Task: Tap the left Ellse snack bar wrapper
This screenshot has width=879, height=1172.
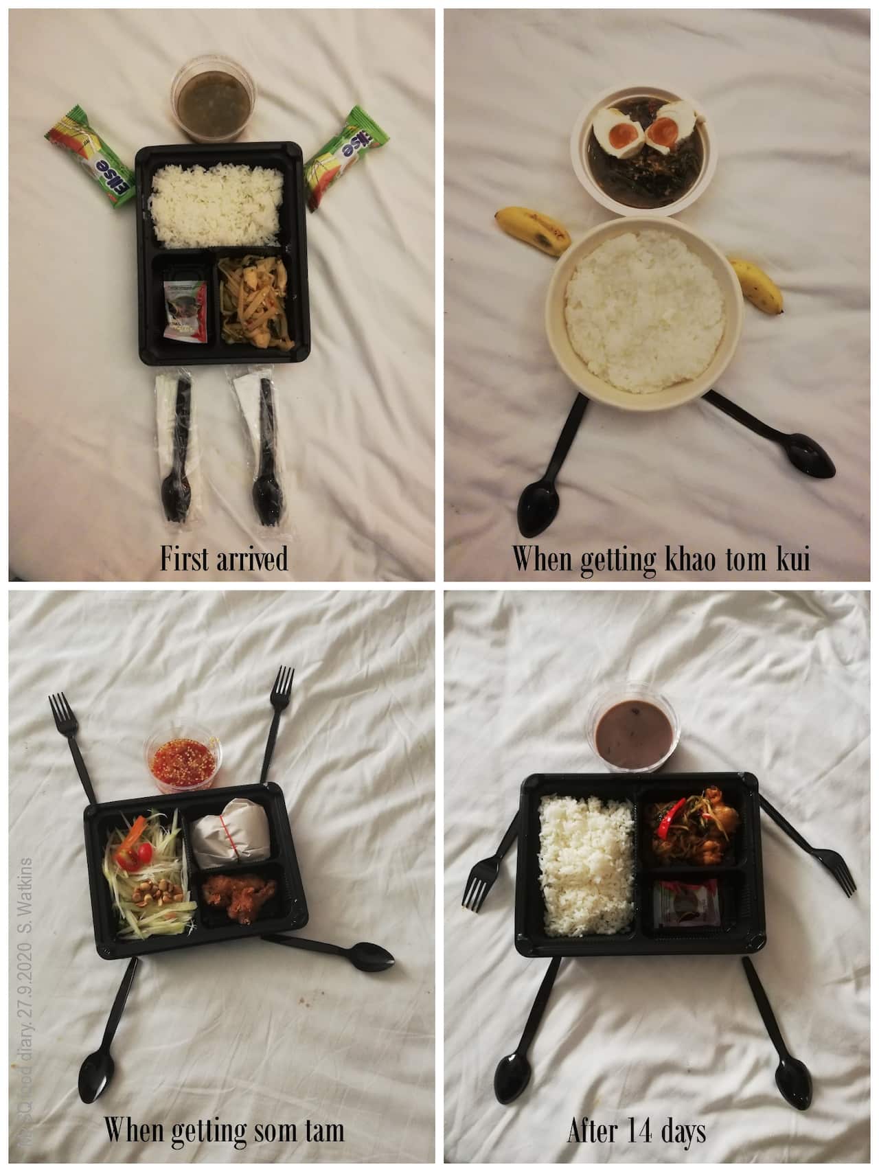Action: tap(89, 155)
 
